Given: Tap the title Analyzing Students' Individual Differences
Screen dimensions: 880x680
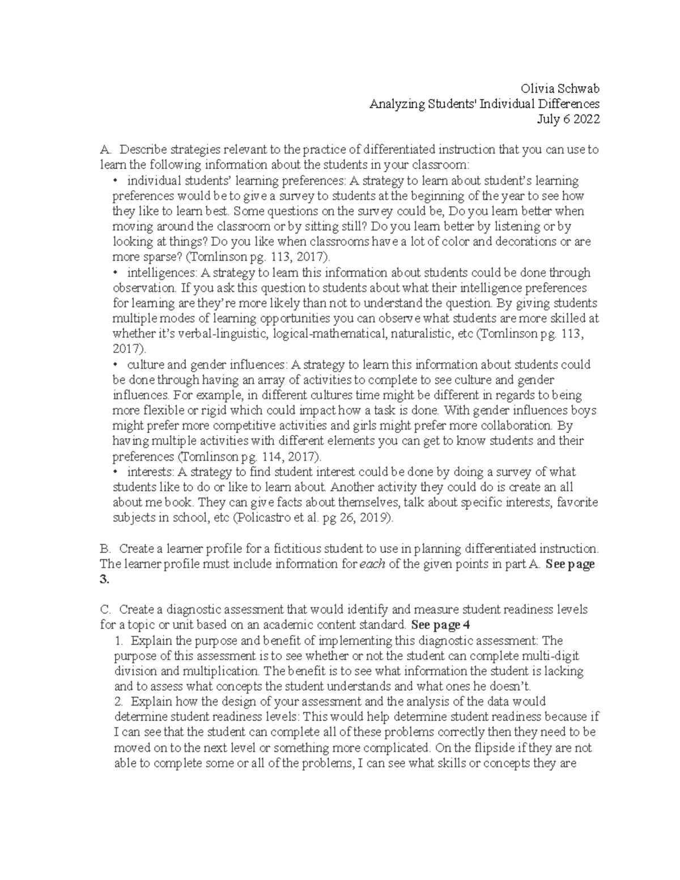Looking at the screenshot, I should point(484,104).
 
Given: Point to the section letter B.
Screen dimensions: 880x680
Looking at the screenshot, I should point(104,549).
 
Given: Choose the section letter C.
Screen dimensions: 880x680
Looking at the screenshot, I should point(104,610).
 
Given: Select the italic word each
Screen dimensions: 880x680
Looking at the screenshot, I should point(373,564).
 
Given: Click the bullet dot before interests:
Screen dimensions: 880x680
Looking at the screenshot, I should point(116,472).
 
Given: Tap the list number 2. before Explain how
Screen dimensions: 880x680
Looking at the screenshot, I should point(119,702).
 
